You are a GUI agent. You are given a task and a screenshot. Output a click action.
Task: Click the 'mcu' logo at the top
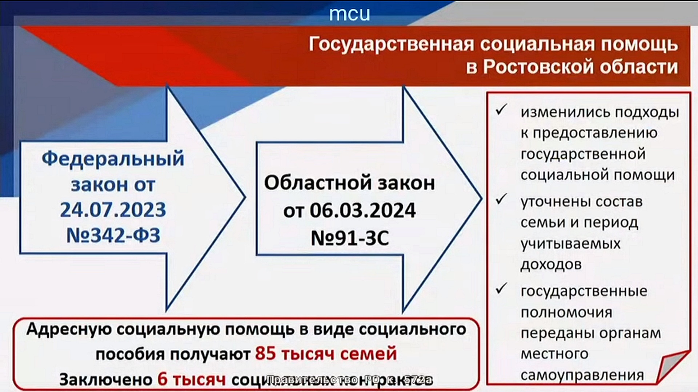(x=349, y=14)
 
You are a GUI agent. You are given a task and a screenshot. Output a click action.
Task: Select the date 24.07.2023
(x=113, y=210)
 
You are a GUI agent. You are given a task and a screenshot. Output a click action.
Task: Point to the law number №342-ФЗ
(x=113, y=236)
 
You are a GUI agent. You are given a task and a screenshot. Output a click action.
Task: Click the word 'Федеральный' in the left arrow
(x=113, y=159)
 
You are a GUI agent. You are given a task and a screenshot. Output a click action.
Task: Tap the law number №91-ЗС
(x=350, y=238)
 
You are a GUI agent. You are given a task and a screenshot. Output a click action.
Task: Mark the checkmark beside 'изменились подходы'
(x=501, y=110)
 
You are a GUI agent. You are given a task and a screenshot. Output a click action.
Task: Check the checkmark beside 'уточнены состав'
(x=501, y=199)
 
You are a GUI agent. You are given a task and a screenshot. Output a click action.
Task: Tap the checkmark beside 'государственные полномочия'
(x=501, y=289)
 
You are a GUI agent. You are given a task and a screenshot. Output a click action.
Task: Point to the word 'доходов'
(x=551, y=265)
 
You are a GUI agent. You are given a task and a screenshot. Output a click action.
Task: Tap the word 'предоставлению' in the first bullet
(x=589, y=133)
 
